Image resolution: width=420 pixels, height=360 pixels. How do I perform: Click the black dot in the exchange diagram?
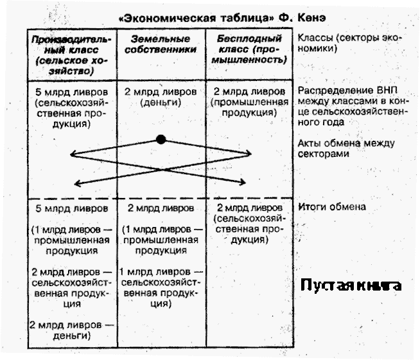(161, 139)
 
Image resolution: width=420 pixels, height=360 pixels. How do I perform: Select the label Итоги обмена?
(332, 206)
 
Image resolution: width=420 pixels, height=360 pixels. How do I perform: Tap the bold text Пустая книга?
(352, 285)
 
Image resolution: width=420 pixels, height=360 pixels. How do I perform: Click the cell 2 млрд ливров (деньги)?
(160, 96)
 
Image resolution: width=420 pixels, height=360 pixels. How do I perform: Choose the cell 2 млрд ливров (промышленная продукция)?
(249, 102)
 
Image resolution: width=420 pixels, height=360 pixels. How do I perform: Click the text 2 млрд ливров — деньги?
(69, 329)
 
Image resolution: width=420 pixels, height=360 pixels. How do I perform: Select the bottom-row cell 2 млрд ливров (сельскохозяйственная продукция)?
(248, 224)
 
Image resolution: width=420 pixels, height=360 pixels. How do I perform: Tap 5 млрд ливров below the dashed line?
(67, 208)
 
